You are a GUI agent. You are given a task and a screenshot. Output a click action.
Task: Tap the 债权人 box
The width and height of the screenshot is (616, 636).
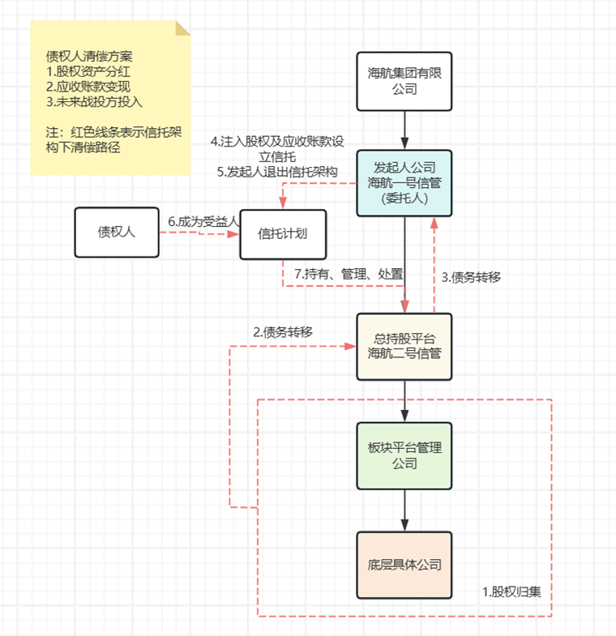click(116, 233)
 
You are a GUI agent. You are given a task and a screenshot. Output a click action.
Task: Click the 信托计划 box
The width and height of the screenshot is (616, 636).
click(283, 234)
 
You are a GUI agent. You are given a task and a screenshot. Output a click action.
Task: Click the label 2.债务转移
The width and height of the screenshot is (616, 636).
click(283, 331)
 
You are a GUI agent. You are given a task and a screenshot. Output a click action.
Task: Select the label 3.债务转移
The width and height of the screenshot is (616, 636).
click(471, 276)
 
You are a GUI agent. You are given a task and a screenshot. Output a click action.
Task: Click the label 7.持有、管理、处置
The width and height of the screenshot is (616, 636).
click(349, 275)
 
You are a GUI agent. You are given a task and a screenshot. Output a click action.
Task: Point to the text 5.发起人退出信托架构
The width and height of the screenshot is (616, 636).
click(276, 172)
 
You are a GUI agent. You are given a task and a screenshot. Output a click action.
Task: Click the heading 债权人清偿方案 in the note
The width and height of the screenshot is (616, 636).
click(89, 57)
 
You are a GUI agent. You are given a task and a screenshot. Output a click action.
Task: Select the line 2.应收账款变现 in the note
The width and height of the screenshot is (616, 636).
click(88, 87)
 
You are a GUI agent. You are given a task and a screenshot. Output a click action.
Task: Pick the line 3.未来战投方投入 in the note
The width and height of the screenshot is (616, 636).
click(94, 102)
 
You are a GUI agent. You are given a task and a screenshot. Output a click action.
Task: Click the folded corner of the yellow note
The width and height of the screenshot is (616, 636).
click(182, 28)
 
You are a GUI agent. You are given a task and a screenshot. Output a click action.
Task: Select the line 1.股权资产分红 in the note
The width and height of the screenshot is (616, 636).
click(88, 71)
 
